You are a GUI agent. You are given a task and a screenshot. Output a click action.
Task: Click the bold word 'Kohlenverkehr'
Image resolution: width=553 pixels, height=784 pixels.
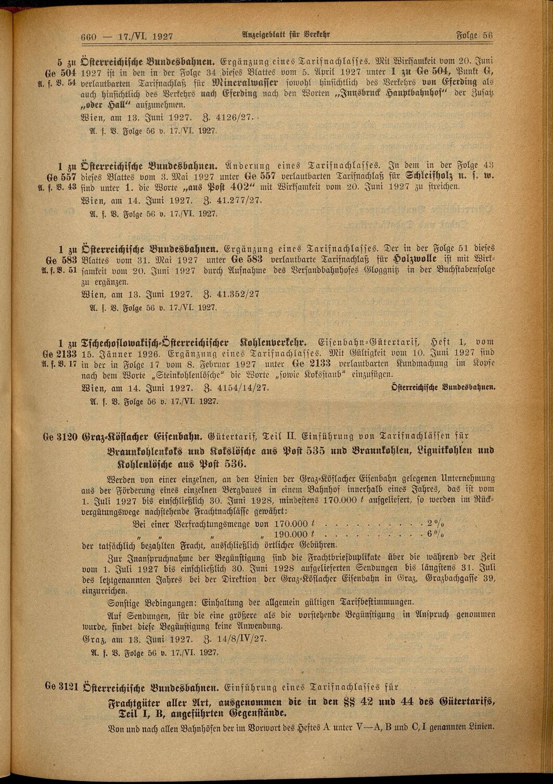pyautogui.click(x=273, y=342)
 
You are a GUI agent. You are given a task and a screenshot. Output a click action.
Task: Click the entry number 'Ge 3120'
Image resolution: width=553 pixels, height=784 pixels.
pyautogui.click(x=60, y=436)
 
